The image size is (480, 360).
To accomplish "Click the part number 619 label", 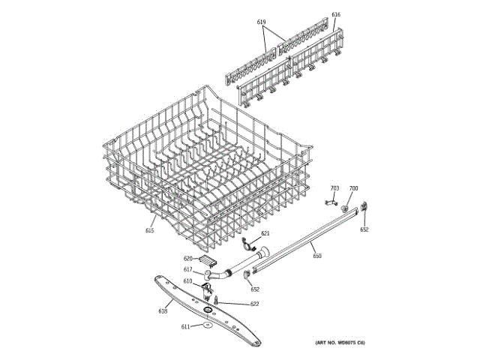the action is pos(262,22).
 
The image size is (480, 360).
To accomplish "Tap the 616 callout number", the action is pos(335,15).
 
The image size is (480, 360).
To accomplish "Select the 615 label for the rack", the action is pos(149,230).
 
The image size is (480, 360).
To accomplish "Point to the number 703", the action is pos(334,188).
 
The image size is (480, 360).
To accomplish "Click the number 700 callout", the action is pos(353,188).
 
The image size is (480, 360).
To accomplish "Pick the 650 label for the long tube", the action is pos(317,256).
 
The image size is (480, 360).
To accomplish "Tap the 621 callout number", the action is pos(265,234).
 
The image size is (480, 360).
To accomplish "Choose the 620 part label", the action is pos(189,258).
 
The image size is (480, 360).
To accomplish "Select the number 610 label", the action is pos(187,281).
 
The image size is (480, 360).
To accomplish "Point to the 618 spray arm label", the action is pos(163,310).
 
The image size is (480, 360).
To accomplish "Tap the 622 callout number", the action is pos(254,304).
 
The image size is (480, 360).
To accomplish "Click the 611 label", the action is pos(185,326).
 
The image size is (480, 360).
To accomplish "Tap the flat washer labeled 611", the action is pos(205,325).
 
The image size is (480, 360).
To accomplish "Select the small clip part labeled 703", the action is pos(328,200).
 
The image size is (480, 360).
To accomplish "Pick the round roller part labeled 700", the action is pos(345,208).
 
